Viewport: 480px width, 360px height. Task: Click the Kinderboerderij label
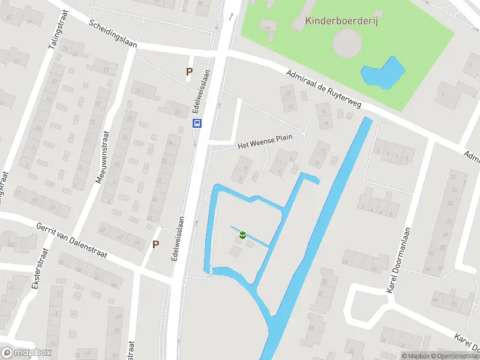pos(345,21)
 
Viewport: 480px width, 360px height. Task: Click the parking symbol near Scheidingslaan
pos(190,72)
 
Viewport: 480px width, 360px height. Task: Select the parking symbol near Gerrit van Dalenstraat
pos(156,244)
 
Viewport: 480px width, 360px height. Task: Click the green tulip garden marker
pos(242,235)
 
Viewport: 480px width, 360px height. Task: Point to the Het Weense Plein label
pos(265,142)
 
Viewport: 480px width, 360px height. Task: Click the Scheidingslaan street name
pos(112,35)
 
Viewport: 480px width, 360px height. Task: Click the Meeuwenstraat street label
pos(101,157)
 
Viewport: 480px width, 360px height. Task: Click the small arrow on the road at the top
pos(230,16)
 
